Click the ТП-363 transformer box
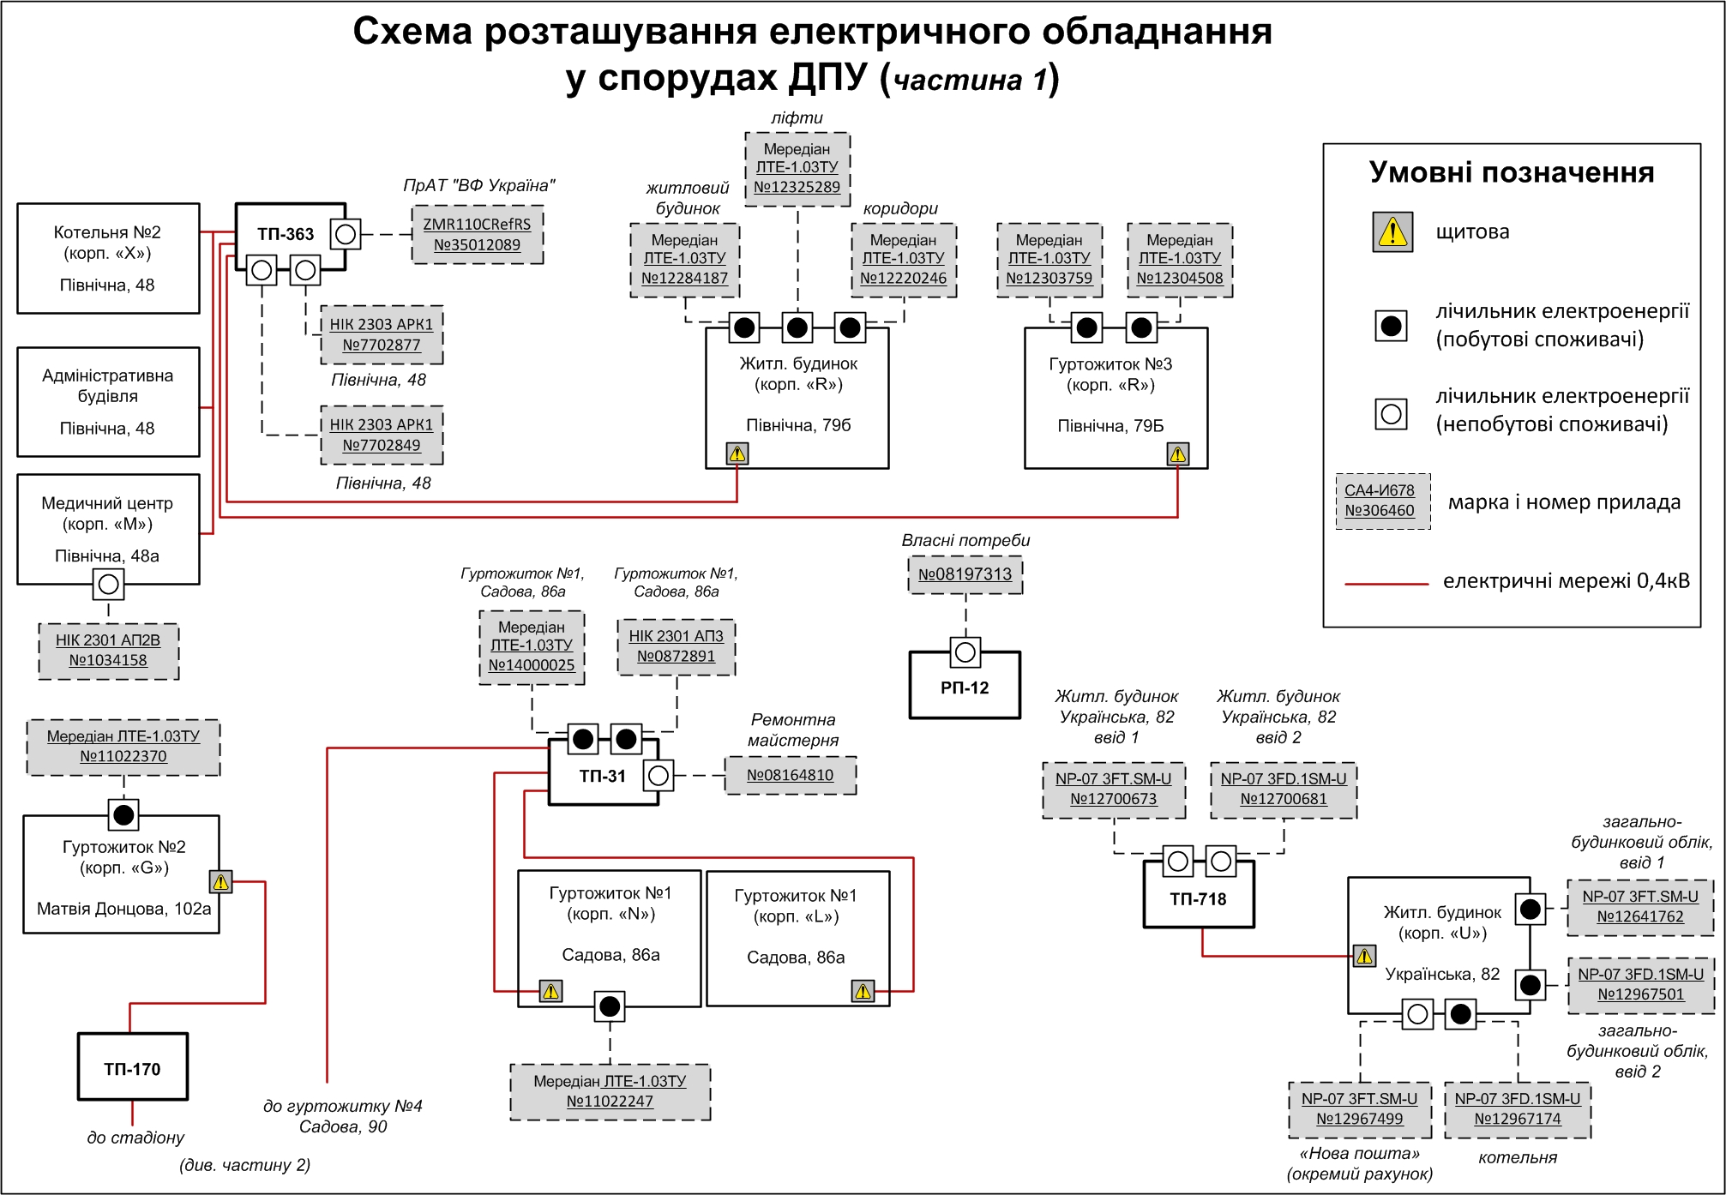tap(286, 234)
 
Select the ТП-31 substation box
tap(602, 776)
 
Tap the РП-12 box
tap(965, 688)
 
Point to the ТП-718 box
tap(1198, 898)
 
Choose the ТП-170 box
tap(132, 1068)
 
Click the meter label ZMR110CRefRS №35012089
tap(477, 234)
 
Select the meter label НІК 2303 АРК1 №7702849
tap(382, 435)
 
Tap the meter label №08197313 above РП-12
tap(965, 574)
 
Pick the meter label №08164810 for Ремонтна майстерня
tap(790, 775)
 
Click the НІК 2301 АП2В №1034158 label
tap(108, 651)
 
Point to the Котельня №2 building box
tap(108, 258)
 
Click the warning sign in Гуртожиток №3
tap(1177, 453)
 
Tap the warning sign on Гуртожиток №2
tap(220, 881)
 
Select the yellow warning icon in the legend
tap(1392, 231)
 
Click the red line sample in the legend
tap(1386, 583)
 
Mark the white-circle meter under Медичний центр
tap(108, 585)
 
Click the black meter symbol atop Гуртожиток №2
tap(123, 814)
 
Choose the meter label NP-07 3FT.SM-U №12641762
tap(1639, 906)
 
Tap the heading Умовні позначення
tap(1511, 172)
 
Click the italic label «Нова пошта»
tap(1359, 1153)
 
